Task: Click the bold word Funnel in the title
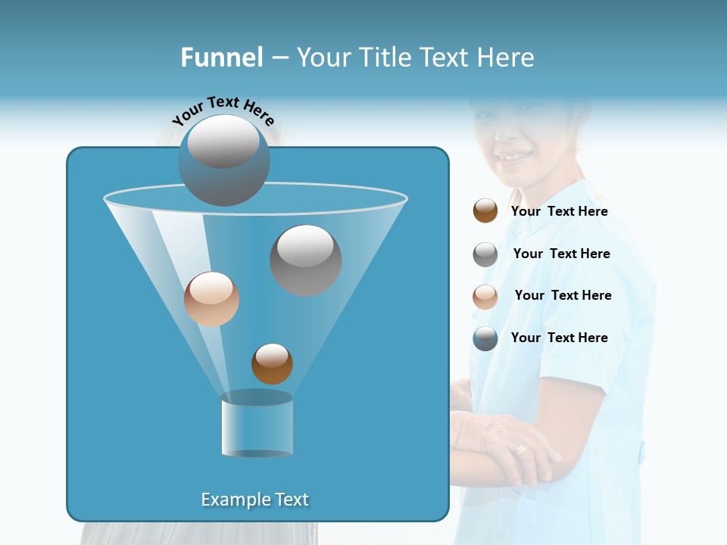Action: coord(222,58)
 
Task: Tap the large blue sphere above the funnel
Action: coord(223,160)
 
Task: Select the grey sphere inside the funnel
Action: coord(305,260)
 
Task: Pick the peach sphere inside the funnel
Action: coord(211,299)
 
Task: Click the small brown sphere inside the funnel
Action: coord(272,363)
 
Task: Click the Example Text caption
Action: coord(254,500)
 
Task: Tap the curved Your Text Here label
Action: coord(223,111)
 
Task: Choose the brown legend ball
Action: coord(485,210)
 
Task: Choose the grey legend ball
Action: coord(485,254)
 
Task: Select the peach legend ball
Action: coord(485,297)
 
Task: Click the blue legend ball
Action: coord(485,338)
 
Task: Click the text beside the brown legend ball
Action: coord(559,211)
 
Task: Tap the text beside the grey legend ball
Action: coord(561,254)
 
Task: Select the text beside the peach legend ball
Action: coord(563,295)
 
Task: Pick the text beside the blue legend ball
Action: coord(559,338)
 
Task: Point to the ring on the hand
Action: coord(521,450)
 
